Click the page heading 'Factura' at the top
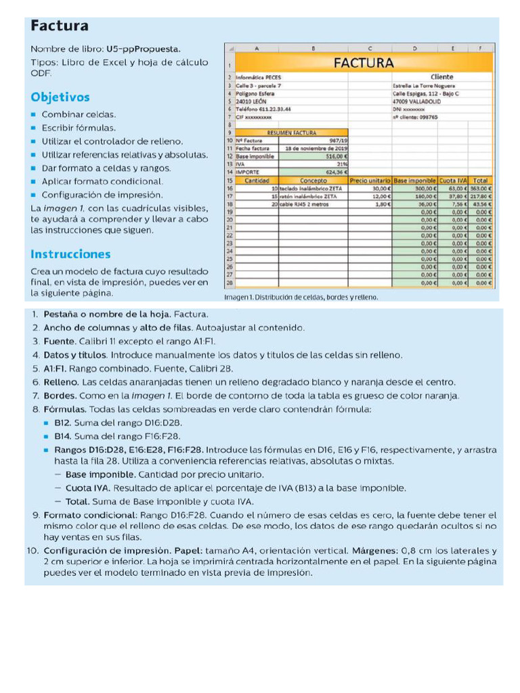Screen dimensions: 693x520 click(x=60, y=26)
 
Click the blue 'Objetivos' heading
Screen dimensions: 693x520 click(x=60, y=97)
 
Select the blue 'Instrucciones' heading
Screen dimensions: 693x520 click(x=70, y=254)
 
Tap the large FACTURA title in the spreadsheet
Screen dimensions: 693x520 click(x=363, y=63)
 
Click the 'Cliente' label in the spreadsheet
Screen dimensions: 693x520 click(x=441, y=77)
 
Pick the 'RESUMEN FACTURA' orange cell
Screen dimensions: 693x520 click(x=292, y=133)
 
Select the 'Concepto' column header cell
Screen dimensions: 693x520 click(x=313, y=181)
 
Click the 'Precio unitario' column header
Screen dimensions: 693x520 click(x=370, y=181)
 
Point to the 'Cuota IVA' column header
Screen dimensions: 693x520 click(x=452, y=181)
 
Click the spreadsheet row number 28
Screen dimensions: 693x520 click(x=230, y=283)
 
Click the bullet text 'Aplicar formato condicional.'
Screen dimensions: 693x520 click(x=102, y=181)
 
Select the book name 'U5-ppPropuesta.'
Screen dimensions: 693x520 click(x=143, y=49)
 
